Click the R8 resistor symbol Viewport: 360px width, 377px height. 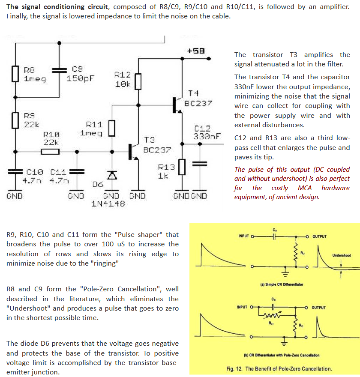(15, 74)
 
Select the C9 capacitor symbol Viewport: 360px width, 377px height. (60, 70)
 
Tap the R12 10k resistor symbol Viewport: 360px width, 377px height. (138, 82)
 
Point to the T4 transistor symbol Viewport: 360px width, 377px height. (177, 105)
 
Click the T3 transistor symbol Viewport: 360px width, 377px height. (133, 152)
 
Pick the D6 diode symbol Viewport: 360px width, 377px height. (112, 175)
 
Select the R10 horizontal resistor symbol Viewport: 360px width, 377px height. (50, 152)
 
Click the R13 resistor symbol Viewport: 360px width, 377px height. (182, 167)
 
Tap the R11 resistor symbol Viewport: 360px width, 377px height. (112, 129)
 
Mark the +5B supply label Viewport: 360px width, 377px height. (196, 51)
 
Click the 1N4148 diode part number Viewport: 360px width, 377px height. (108, 204)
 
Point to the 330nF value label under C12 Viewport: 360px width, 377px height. (207, 137)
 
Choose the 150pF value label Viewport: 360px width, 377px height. (80, 78)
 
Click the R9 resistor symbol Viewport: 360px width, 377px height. (15, 120)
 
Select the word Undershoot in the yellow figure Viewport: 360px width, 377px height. (342, 255)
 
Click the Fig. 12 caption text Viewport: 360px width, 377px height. (279, 368)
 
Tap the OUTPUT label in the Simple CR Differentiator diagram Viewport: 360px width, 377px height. (320, 236)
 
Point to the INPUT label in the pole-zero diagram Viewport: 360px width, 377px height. (242, 307)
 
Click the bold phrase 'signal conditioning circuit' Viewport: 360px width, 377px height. (64, 7)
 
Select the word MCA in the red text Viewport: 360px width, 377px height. (305, 188)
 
